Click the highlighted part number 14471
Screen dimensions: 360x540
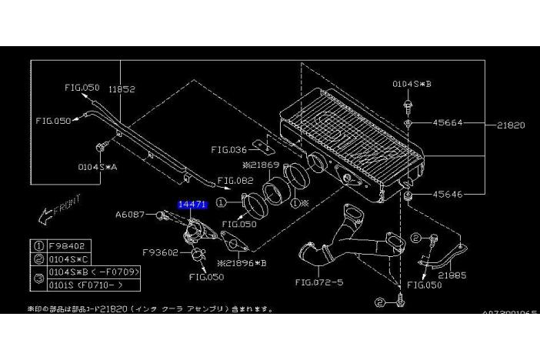tap(192, 205)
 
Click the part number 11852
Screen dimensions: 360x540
tap(122, 89)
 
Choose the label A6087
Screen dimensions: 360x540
tap(131, 215)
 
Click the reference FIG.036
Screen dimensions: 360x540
tap(228, 150)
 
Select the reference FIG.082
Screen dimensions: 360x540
tap(235, 182)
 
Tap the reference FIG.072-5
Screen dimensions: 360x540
tap(318, 282)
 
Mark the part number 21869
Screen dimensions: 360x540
tap(262, 165)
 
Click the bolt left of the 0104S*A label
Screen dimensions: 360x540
tap(101, 146)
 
